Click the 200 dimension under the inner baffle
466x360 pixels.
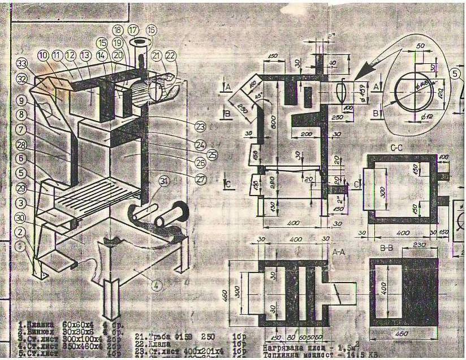click(307, 134)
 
